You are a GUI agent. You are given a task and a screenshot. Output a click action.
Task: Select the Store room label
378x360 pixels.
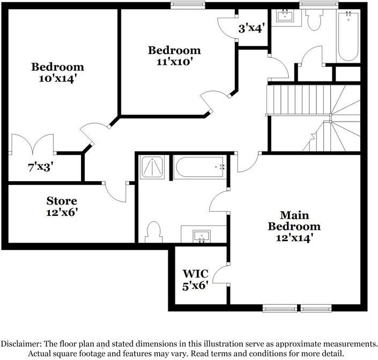(62, 201)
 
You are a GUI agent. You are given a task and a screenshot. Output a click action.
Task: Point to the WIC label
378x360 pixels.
(195, 274)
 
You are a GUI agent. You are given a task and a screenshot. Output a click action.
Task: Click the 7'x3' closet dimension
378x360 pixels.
(40, 167)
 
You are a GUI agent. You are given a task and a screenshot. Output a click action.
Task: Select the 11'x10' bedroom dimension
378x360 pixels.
(174, 62)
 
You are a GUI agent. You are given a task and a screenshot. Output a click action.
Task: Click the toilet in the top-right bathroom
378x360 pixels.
(314, 20)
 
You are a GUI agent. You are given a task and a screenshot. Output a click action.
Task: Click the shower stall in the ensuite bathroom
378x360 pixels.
(153, 168)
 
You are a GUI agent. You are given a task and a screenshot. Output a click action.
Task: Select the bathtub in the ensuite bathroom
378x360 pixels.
(199, 168)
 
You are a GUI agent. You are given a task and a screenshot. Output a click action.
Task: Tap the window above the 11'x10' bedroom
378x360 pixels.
(188, 5)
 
